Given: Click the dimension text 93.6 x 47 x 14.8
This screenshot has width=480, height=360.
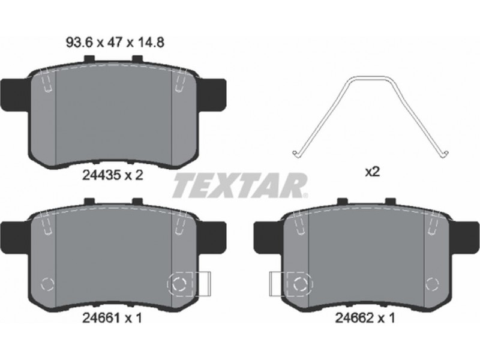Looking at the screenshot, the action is coord(115,43).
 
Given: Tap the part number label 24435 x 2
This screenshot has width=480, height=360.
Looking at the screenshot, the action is coord(113,175).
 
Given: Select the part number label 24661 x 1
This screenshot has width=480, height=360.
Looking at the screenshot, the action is coord(112,319).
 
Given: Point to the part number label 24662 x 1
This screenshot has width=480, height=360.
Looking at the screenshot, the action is coord(365,319).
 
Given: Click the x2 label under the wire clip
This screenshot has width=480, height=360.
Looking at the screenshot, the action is coord(372,172).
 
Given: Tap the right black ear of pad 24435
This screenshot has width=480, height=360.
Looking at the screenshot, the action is coord(212,95).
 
